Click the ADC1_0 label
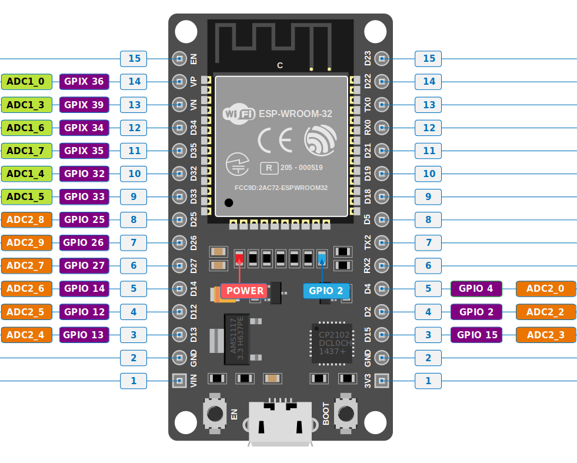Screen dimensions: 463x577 point(27,81)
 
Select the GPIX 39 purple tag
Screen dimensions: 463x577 point(84,105)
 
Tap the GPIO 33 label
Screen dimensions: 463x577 point(84,196)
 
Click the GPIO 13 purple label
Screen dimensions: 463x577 point(84,335)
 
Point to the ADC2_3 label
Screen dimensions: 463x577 point(545,335)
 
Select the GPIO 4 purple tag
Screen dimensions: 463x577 point(476,289)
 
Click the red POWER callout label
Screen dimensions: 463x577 point(245,291)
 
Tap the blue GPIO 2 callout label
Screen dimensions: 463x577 point(326,291)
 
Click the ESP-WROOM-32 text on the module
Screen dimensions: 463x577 point(295,114)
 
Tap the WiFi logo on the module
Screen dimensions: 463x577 point(239,114)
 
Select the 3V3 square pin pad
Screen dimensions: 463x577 point(382,381)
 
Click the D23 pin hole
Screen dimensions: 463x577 point(382,58)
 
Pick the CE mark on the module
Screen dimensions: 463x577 point(275,141)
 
